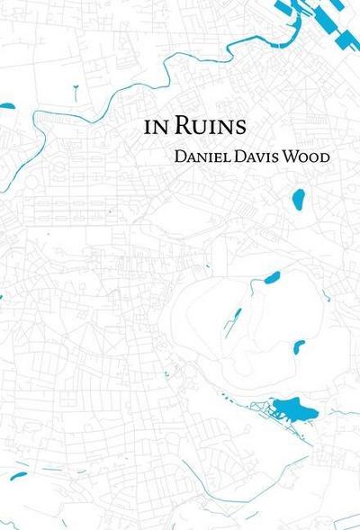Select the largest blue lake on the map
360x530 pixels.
coord(295,410)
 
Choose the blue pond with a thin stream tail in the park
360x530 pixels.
coord(270,277)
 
